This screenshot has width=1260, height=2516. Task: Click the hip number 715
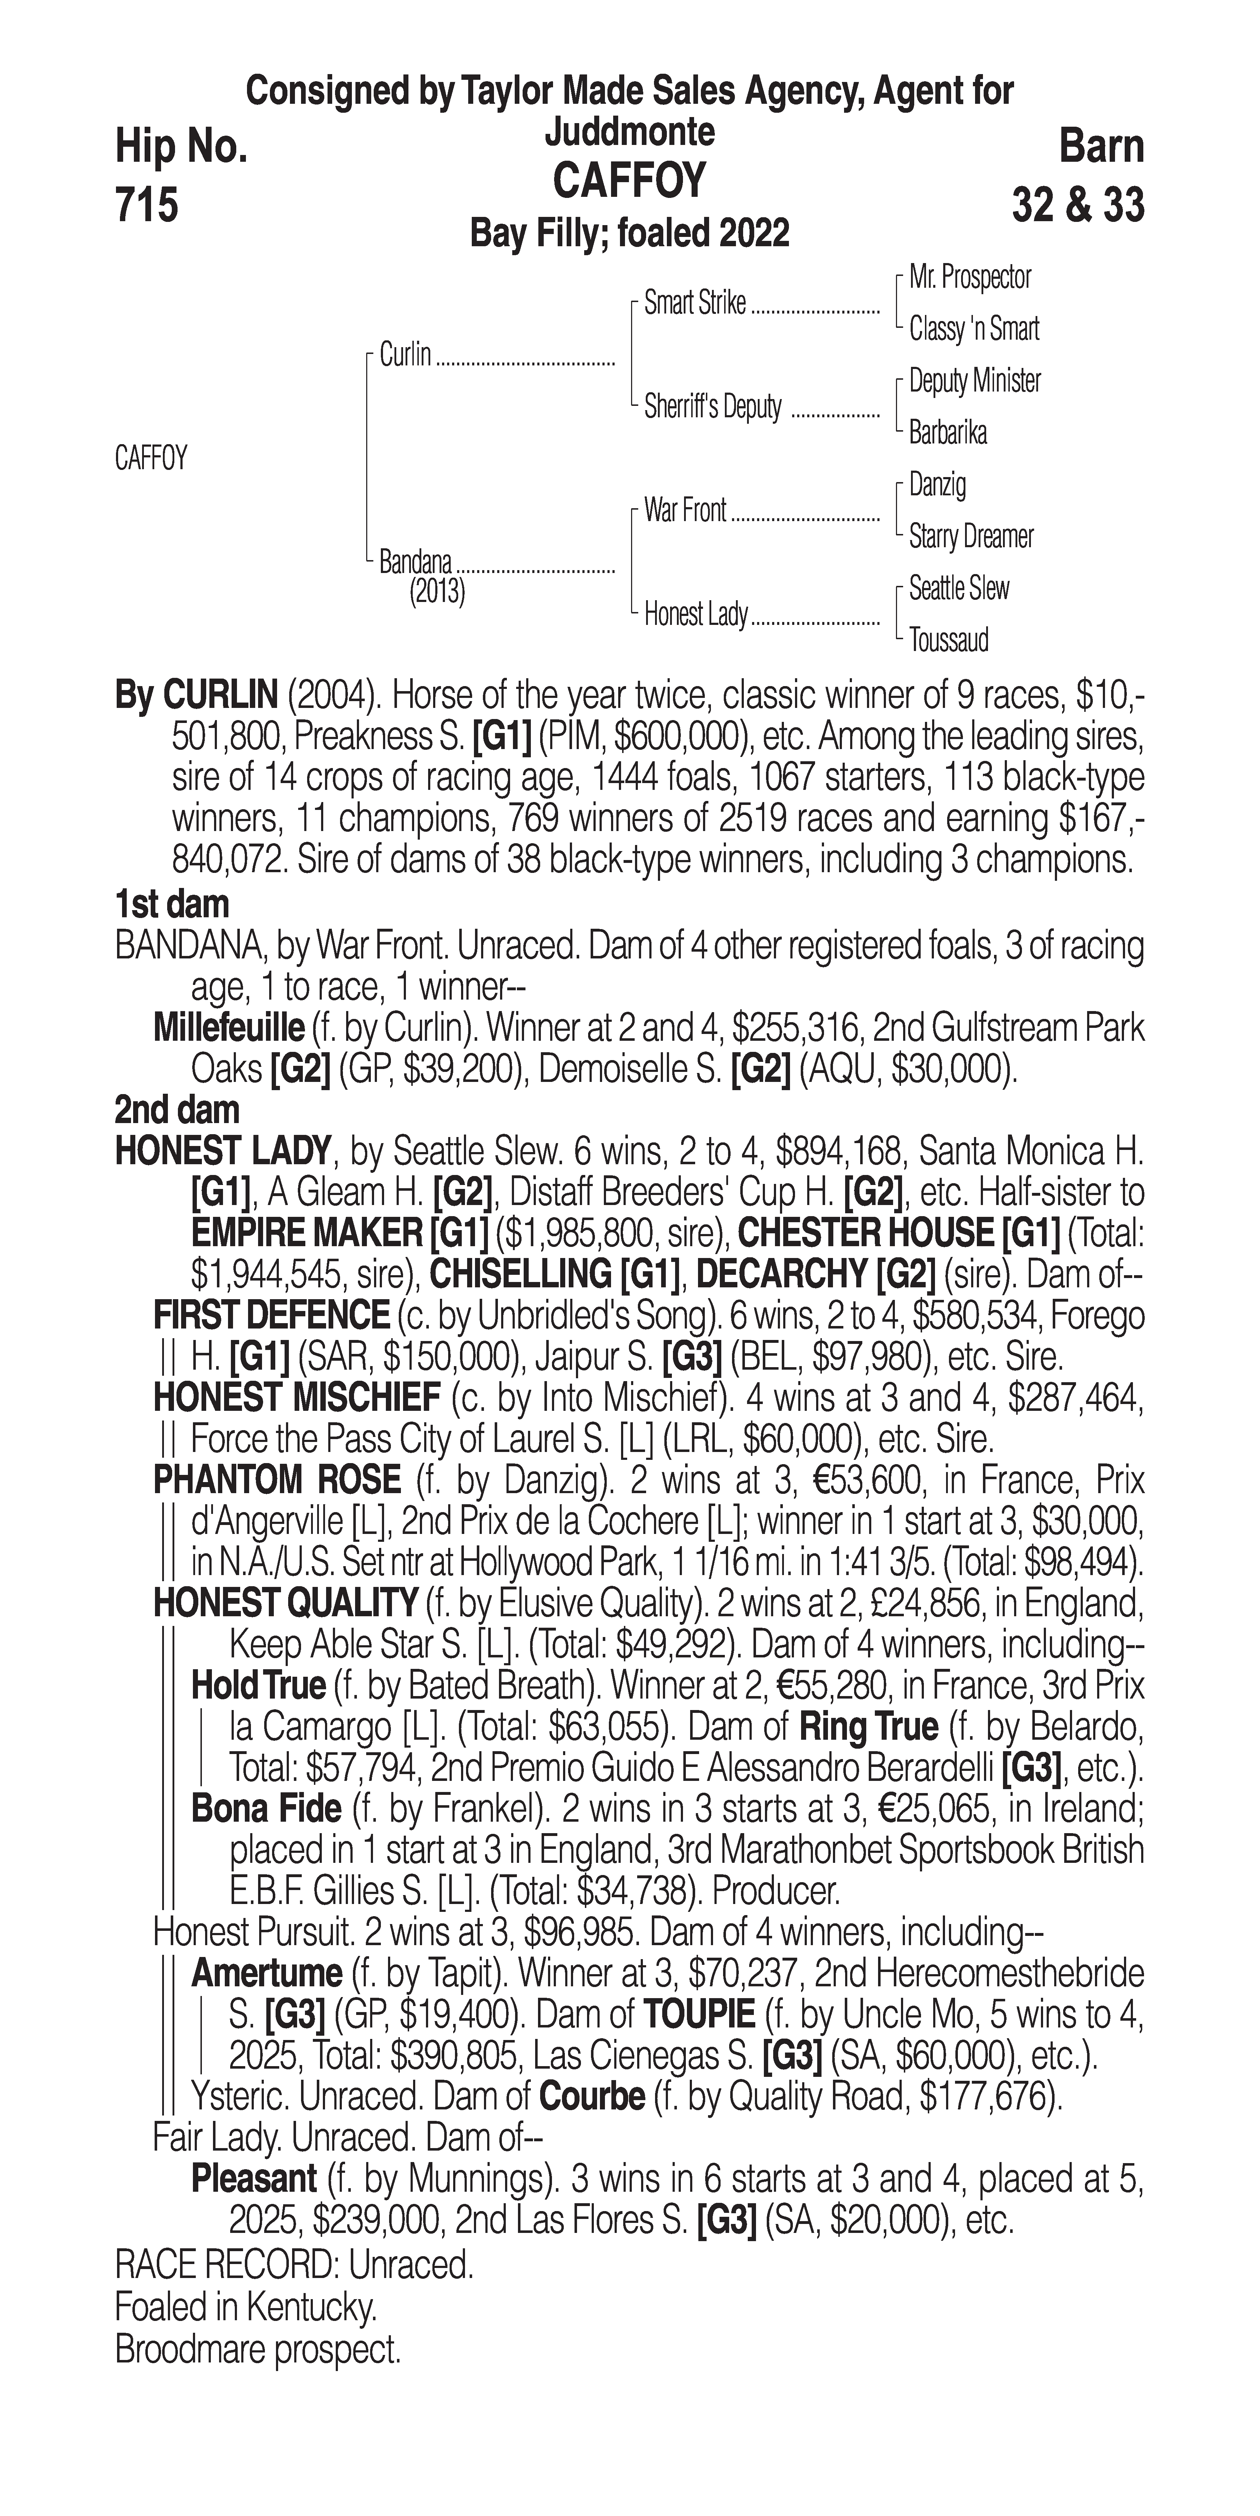(x=146, y=206)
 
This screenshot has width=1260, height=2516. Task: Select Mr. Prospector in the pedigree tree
(x=970, y=277)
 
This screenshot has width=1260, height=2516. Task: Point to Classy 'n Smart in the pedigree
(x=974, y=329)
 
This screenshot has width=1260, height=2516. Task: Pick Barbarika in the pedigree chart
(x=948, y=433)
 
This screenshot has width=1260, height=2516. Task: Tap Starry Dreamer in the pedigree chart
(x=971, y=536)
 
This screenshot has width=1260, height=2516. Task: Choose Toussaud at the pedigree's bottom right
(x=949, y=641)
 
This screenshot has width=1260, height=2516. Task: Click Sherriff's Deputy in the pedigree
(x=713, y=407)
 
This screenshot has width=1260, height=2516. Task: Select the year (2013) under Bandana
(x=437, y=592)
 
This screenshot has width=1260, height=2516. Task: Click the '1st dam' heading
(x=172, y=904)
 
